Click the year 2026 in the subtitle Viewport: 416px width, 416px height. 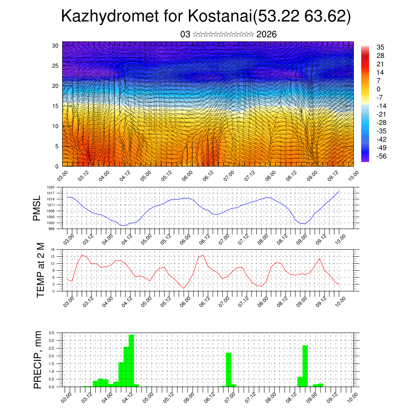(266, 35)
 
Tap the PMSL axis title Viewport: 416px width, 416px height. (37, 208)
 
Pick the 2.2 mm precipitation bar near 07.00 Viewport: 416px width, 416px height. (229, 370)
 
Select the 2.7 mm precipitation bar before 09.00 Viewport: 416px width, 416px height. (305, 366)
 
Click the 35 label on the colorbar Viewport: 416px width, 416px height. (381, 47)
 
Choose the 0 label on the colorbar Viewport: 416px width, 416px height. (379, 89)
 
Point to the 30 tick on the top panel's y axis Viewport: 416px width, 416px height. (55, 45)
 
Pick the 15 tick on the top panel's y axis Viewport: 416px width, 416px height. (55, 106)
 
